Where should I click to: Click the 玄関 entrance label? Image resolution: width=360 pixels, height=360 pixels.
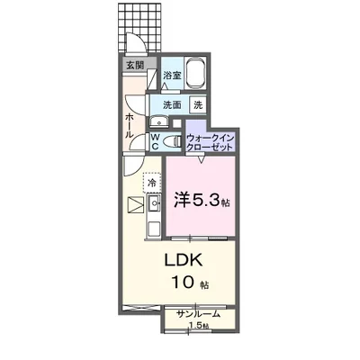[135, 65]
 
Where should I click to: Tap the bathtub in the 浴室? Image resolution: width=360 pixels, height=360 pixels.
[195, 73]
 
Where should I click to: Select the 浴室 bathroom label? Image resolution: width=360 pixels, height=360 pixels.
[172, 75]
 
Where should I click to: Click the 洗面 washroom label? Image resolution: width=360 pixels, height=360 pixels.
[172, 105]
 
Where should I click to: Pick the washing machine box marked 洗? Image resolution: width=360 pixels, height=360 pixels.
[198, 105]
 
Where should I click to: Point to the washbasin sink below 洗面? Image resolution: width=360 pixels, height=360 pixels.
[158, 121]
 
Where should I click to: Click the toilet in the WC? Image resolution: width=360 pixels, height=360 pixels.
[173, 140]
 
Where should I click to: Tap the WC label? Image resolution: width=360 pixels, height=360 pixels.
[155, 142]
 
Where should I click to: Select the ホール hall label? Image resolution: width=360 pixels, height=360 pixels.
[130, 125]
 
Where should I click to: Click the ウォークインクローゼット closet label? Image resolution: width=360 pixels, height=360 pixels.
[210, 142]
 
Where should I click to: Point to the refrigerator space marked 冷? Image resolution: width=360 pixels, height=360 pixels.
[152, 183]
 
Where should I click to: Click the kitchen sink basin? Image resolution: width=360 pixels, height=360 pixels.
[154, 203]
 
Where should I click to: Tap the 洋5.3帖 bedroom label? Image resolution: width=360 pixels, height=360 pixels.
[202, 200]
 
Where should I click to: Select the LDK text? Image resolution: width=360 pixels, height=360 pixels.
[184, 261]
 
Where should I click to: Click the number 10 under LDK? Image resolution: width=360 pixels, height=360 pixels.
[183, 282]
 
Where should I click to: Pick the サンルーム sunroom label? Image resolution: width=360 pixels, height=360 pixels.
[199, 314]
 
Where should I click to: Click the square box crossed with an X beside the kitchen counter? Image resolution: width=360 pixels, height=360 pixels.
[136, 205]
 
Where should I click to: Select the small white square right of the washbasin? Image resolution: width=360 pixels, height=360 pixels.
[177, 123]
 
